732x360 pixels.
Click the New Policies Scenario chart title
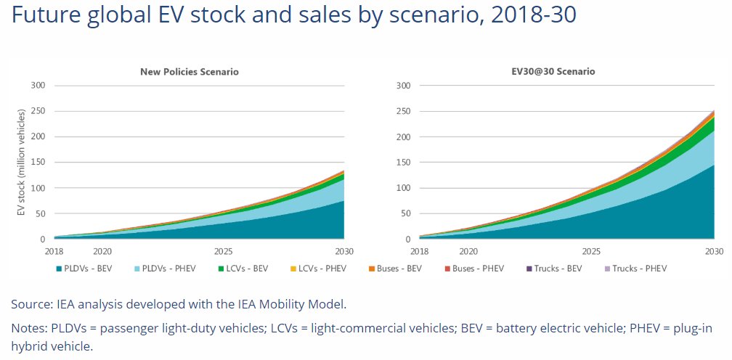tap(189, 72)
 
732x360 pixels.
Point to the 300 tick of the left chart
tap(38, 86)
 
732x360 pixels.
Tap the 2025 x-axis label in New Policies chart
tap(222, 251)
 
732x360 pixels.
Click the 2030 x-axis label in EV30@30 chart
tap(715, 251)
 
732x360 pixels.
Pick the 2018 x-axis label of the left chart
tap(54, 251)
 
